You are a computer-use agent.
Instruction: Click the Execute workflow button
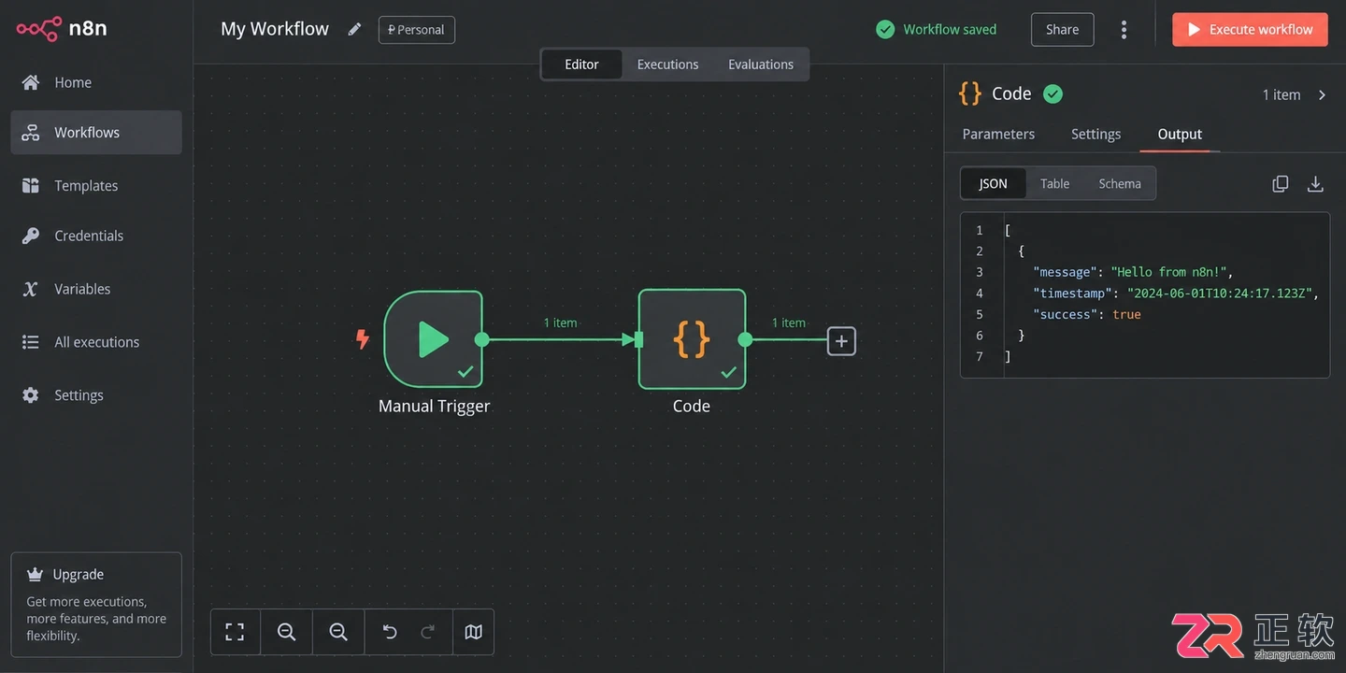coord(1250,30)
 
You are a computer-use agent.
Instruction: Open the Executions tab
coord(667,64)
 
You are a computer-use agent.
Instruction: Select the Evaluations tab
coord(761,64)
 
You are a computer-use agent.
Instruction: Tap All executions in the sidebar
coord(96,342)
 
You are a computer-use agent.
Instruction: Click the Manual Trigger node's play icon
coord(433,339)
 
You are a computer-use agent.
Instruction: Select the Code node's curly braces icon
coord(691,339)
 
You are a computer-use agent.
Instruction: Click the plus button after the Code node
coord(841,341)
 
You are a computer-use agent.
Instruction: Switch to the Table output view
coord(1054,184)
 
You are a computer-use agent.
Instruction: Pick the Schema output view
coord(1120,184)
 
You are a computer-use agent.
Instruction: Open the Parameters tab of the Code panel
coord(998,134)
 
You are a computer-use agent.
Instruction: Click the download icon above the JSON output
coord(1315,184)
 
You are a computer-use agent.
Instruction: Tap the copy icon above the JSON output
coord(1281,184)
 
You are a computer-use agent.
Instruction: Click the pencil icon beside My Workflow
coord(354,30)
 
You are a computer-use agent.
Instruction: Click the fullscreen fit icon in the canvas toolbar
coord(235,632)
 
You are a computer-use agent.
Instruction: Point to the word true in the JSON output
coord(1126,314)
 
